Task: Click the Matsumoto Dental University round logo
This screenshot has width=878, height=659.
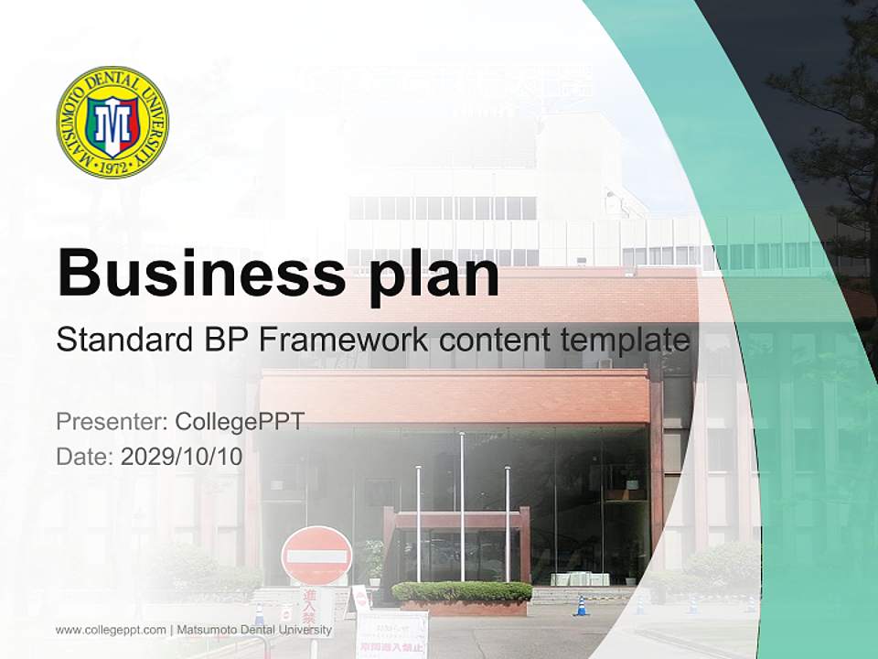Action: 112,123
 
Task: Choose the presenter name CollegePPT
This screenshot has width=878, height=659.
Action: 239,422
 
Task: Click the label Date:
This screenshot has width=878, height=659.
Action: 85,457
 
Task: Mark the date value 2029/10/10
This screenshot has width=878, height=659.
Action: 182,457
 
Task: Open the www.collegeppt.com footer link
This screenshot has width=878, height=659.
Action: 111,630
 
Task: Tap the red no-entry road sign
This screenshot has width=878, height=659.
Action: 316,556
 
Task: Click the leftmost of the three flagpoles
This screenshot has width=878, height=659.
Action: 418,522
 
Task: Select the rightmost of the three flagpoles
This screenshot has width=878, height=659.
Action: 508,522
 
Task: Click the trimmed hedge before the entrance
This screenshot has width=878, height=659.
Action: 462,591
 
